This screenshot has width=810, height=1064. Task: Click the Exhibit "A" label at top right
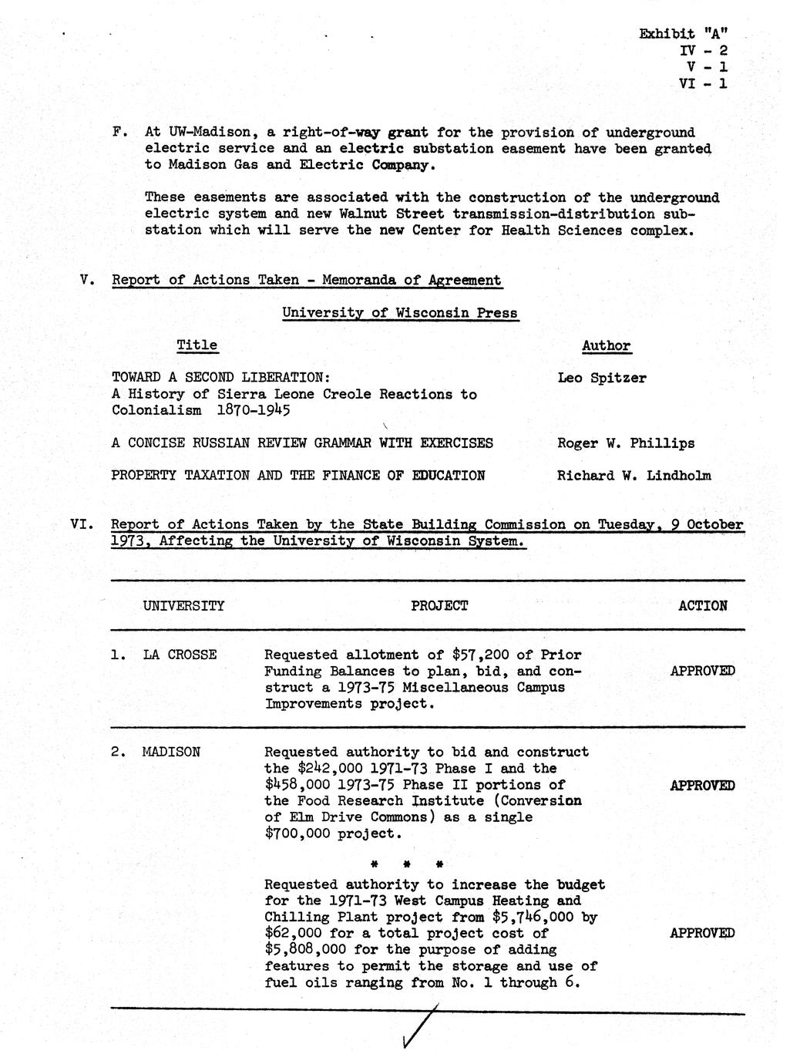683,33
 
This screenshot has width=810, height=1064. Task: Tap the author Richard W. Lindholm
634,476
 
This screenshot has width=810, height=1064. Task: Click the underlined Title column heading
197,345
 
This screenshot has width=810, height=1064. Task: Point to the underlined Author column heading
607,346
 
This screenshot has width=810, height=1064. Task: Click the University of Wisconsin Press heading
399,313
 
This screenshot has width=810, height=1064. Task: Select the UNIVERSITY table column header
183,606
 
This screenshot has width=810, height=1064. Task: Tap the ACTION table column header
702,606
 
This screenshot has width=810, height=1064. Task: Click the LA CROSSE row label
180,655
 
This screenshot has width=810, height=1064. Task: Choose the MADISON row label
171,752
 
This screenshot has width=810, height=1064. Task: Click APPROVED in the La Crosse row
702,671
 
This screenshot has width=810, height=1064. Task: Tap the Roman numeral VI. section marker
82,525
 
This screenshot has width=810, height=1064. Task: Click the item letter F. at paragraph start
119,133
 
